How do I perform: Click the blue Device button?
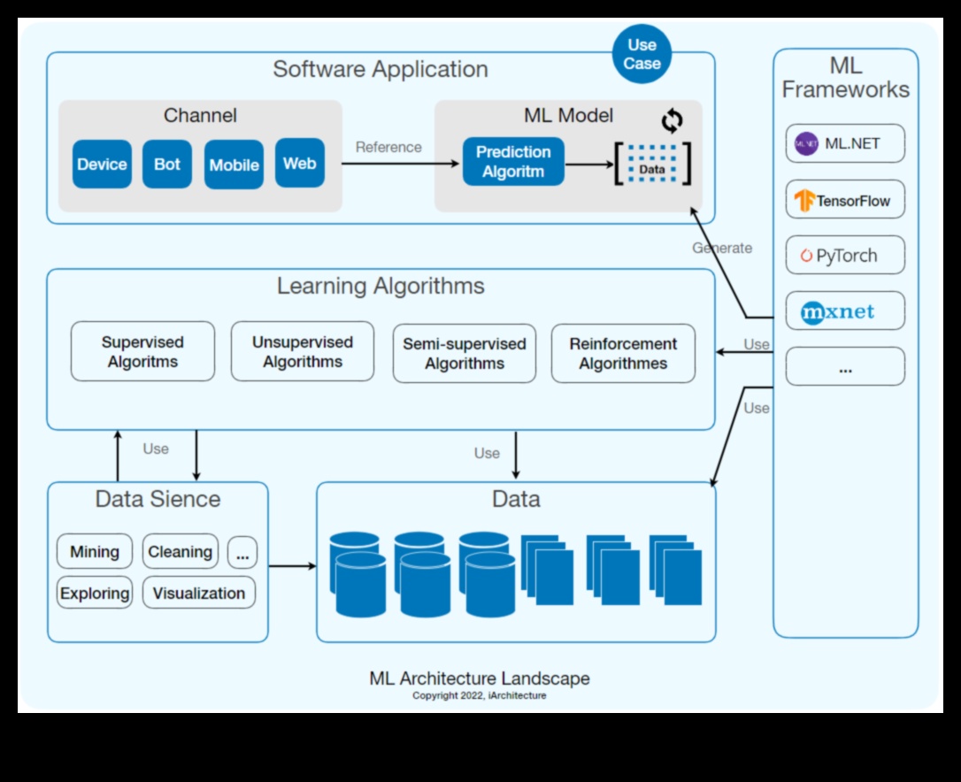tap(102, 165)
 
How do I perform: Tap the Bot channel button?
tap(167, 165)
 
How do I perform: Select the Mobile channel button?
tap(234, 165)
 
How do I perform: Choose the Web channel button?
tap(300, 163)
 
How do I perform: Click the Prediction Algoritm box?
tap(513, 162)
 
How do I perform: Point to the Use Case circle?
tap(642, 54)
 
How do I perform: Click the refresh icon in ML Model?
tap(673, 120)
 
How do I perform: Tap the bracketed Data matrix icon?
tap(652, 164)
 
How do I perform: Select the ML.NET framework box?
tap(845, 143)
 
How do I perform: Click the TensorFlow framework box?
tap(845, 200)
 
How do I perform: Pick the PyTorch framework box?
tap(845, 256)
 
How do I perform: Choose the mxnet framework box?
tap(845, 311)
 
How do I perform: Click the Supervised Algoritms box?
tap(142, 352)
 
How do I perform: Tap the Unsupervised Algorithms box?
tap(302, 352)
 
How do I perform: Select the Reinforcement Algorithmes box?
tap(623, 354)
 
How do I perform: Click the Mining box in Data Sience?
tap(95, 552)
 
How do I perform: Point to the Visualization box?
tap(199, 593)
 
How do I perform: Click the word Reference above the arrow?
tap(388, 148)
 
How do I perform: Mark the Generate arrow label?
tap(722, 249)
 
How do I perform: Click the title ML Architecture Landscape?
tap(480, 678)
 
